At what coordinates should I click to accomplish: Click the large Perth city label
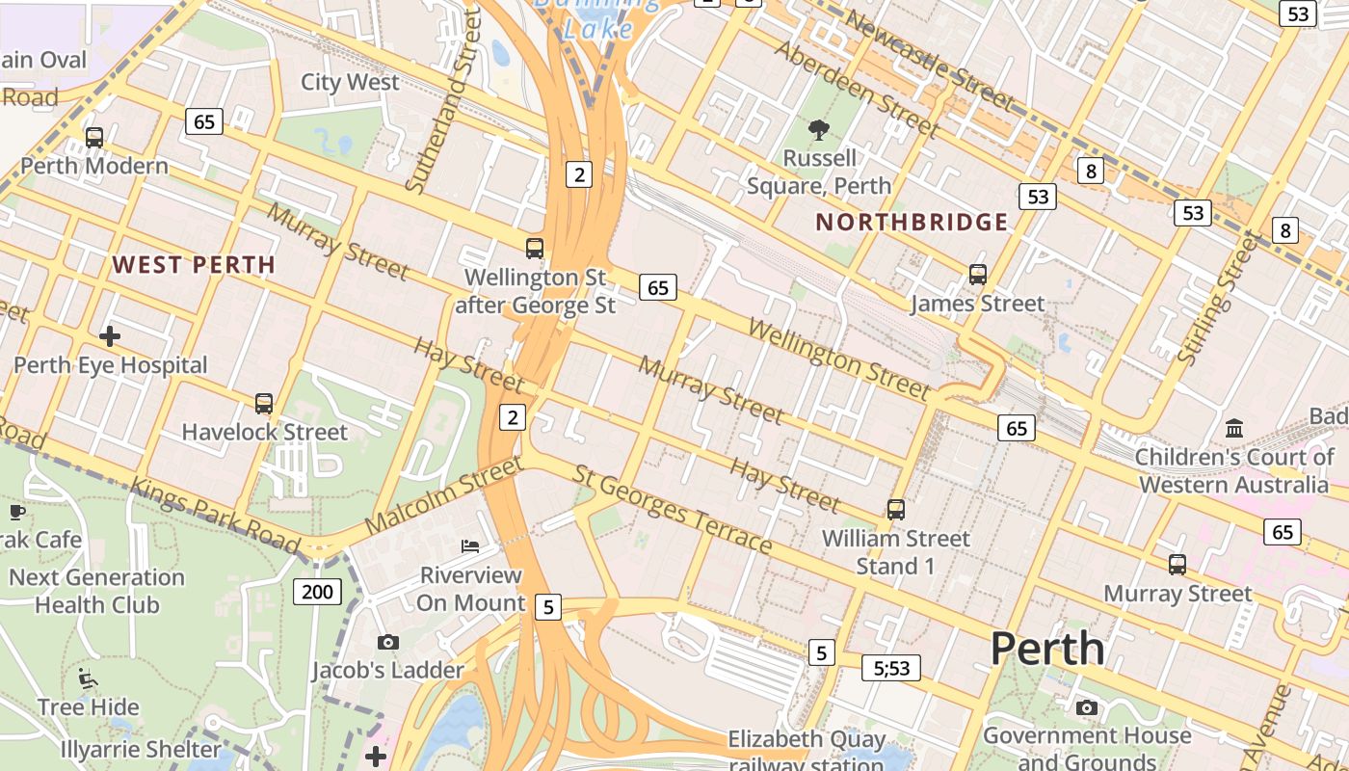click(x=1047, y=649)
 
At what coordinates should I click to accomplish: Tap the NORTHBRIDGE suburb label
click(x=912, y=223)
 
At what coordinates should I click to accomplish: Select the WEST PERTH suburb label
click(x=194, y=264)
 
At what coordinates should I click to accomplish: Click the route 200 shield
click(x=317, y=591)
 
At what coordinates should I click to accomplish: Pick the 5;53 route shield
click(x=891, y=667)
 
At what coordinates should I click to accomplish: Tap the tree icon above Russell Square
click(x=819, y=129)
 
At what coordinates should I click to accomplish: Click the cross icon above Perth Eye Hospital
click(x=110, y=336)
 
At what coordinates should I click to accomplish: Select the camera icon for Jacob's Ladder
click(x=388, y=642)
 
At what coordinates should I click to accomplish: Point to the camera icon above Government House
click(x=1087, y=708)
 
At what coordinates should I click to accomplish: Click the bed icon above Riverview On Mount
click(x=470, y=546)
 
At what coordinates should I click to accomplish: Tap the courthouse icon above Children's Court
click(x=1234, y=427)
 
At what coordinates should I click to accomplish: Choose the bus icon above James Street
click(x=978, y=275)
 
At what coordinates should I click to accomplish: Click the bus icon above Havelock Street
click(x=264, y=403)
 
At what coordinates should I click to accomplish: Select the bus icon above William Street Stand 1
click(x=896, y=509)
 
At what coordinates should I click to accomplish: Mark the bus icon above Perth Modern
click(x=94, y=137)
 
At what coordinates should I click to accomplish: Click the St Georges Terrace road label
click(x=672, y=510)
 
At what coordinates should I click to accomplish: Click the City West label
click(x=350, y=82)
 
